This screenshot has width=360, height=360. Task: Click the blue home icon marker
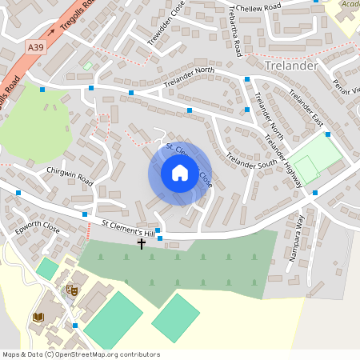tap(180, 173)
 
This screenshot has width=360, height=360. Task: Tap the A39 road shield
tap(35, 48)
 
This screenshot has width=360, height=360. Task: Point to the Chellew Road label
tap(258, 7)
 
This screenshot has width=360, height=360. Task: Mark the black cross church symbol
tap(142, 242)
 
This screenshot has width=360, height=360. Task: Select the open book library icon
tap(38, 318)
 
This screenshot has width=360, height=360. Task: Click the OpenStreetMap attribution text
tap(81, 354)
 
